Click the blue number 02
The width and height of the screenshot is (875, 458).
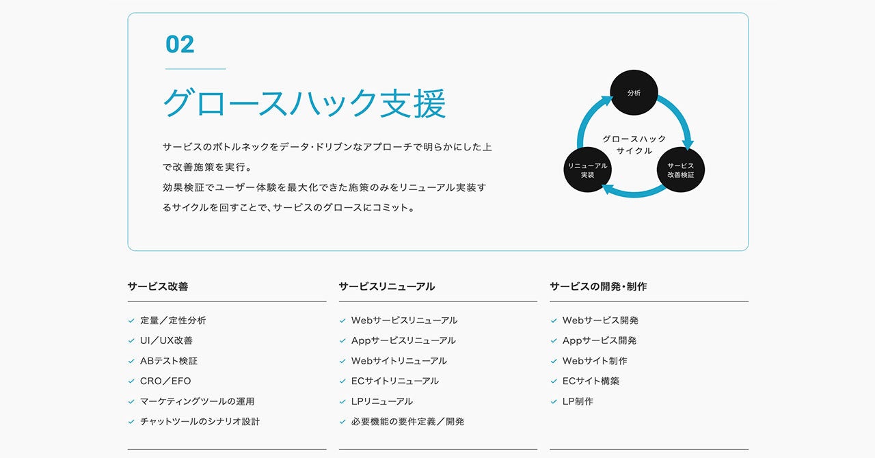click(x=180, y=44)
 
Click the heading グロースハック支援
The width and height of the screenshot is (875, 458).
click(x=304, y=104)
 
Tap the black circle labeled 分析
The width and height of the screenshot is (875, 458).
click(x=634, y=93)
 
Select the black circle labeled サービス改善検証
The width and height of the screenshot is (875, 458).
click(x=680, y=170)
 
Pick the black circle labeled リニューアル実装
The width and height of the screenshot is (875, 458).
click(x=587, y=170)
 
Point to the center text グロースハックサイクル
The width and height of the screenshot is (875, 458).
click(x=634, y=144)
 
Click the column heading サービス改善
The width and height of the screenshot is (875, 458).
click(x=157, y=286)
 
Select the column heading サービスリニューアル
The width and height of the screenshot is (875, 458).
click(x=386, y=286)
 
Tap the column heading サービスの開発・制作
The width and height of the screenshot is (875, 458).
click(x=597, y=286)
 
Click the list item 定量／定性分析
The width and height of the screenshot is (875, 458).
click(x=172, y=320)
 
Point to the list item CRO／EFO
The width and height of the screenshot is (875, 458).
click(x=165, y=381)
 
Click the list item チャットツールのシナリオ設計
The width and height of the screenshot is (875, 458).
click(x=200, y=422)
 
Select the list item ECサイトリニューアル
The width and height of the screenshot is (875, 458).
click(x=394, y=381)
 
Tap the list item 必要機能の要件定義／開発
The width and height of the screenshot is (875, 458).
click(x=407, y=422)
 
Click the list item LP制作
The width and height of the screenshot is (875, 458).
click(x=578, y=401)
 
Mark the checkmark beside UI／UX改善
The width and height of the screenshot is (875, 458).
click(x=131, y=340)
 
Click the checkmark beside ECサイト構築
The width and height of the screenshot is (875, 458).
click(x=554, y=381)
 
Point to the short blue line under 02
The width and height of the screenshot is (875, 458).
click(x=196, y=69)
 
